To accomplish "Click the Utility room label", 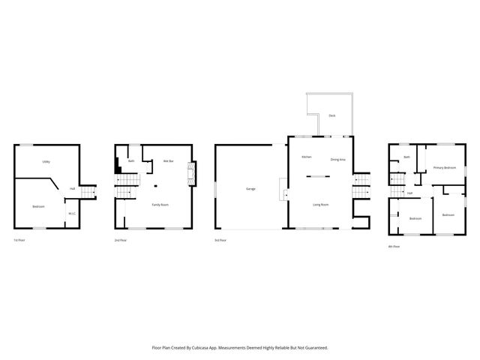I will [46, 162].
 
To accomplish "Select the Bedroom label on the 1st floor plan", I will [38, 205].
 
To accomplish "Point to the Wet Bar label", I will [169, 160].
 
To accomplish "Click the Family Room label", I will [160, 205].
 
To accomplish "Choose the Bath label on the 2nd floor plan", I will [131, 160].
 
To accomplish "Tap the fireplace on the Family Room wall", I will [191, 175].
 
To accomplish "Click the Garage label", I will [250, 188].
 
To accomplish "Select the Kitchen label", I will [306, 157].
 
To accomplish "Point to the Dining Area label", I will [337, 159].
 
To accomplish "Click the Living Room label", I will [321, 203].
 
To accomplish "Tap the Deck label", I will [331, 115].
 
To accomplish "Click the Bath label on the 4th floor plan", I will [406, 157].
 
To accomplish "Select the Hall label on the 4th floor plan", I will [410, 193].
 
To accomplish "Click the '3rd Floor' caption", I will [220, 240].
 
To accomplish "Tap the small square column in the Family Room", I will [155, 185].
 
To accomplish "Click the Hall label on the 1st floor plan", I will [72, 188].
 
